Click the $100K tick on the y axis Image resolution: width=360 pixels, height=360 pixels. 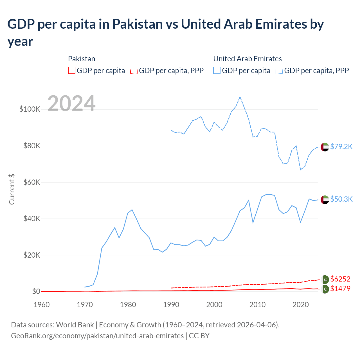30,109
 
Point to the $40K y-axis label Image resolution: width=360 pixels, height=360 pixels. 32,219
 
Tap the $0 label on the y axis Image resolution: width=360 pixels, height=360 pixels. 36,291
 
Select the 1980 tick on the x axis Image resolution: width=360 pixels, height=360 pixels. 128,305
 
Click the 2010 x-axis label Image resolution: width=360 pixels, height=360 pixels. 257,305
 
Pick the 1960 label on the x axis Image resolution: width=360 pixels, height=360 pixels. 42,305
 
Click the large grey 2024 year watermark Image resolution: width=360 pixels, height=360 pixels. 71,103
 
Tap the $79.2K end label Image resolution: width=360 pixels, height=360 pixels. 341,147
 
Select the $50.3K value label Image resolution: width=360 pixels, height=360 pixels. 341,199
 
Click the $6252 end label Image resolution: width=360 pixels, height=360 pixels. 340,279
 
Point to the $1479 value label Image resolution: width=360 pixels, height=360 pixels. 340,289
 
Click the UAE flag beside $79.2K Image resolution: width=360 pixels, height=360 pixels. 325,147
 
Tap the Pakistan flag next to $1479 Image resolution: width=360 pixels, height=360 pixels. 325,289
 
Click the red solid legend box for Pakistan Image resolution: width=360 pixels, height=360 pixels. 72,70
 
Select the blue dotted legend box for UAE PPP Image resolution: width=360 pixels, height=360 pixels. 279,70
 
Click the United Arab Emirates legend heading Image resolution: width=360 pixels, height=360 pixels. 247,59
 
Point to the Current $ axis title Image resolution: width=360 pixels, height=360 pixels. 12,189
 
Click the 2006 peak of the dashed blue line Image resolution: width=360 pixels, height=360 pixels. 240,97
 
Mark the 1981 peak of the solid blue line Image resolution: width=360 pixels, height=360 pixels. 132,210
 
